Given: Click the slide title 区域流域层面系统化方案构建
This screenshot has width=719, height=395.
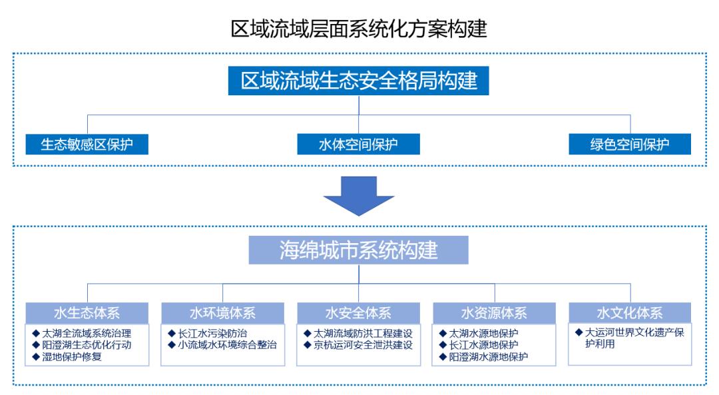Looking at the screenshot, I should [359, 29].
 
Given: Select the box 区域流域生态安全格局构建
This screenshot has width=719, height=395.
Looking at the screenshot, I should [359, 81].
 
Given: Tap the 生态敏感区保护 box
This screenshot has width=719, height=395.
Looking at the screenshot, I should [87, 144].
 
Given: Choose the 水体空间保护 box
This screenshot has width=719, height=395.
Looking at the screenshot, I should [358, 144].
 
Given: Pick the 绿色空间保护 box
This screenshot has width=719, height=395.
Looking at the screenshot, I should [629, 144].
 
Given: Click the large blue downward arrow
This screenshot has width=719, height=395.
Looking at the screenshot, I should [359, 196].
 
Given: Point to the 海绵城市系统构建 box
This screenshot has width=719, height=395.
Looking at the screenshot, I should [359, 250].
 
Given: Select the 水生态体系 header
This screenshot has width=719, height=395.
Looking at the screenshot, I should [87, 313].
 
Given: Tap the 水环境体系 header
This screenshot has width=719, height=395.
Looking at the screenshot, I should [222, 313].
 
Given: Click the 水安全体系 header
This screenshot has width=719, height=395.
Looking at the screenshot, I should [358, 313].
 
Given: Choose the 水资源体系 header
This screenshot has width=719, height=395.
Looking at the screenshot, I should [494, 313].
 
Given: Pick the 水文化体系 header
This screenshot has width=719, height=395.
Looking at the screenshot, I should [629, 313].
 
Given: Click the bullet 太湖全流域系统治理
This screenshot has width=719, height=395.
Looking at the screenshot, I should [87, 333].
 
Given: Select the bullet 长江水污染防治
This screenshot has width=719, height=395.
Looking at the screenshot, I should [212, 333].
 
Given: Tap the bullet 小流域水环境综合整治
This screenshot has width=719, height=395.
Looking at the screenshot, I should [226, 345].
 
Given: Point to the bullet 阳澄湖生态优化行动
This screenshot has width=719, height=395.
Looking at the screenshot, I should [87, 345].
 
